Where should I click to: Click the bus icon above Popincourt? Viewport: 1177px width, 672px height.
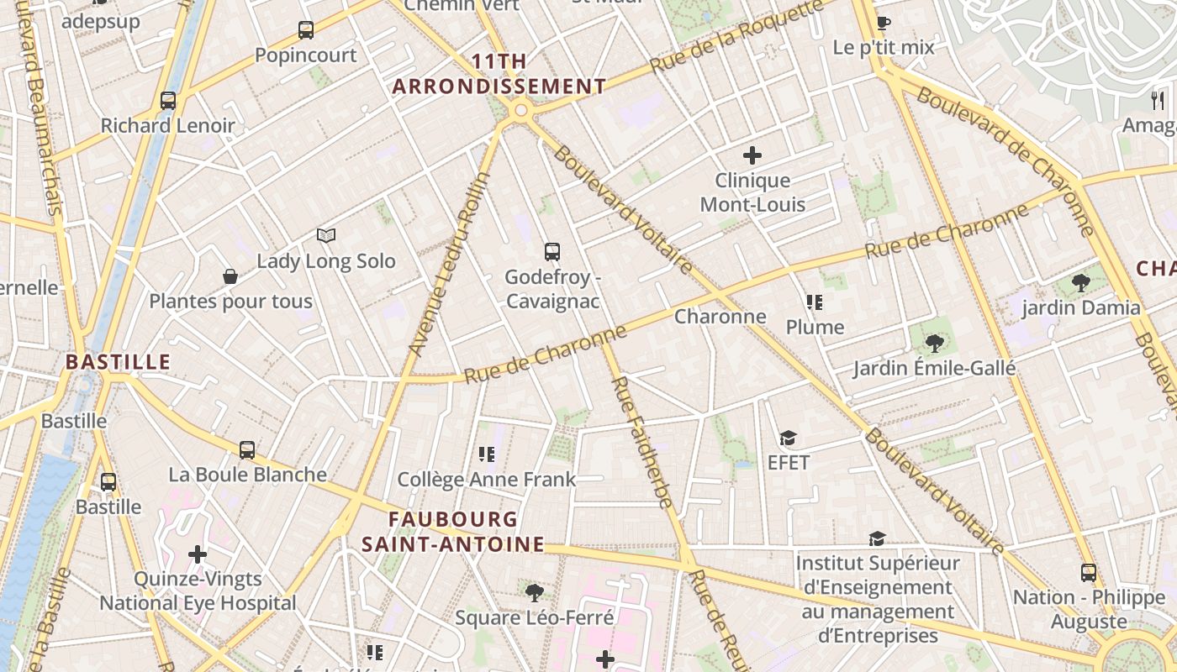[306, 30]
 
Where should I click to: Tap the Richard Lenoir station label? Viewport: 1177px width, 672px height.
[168, 126]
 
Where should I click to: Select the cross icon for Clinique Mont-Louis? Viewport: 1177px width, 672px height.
[752, 155]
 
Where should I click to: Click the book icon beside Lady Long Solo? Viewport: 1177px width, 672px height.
[326, 236]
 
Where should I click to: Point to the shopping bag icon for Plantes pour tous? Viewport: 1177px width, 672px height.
[230, 276]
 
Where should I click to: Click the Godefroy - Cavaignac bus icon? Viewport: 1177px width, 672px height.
[552, 251]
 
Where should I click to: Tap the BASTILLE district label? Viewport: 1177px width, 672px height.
[119, 362]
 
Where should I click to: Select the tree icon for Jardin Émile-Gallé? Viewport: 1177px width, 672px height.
[934, 343]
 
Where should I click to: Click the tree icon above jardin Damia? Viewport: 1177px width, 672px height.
[1081, 283]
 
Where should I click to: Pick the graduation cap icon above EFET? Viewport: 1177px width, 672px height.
[788, 438]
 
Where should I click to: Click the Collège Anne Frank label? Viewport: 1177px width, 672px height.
[486, 480]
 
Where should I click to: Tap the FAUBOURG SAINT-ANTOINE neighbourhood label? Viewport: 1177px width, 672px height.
[453, 532]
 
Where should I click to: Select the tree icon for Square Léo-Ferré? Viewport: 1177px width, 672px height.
[534, 593]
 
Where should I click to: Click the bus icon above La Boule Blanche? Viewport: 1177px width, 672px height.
[247, 449]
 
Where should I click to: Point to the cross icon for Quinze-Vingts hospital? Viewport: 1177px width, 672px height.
[198, 554]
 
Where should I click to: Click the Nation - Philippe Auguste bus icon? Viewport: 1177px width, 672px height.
[1089, 573]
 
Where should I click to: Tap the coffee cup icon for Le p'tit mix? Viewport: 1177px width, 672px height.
[883, 23]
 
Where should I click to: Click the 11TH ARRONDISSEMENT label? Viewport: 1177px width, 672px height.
[499, 74]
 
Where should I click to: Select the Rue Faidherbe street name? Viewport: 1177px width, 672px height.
[641, 442]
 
